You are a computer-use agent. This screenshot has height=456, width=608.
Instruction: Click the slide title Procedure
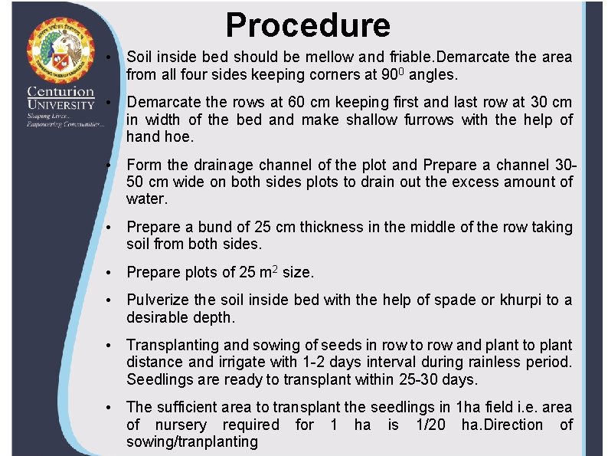pyautogui.click(x=308, y=25)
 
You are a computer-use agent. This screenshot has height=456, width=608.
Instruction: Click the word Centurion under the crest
pyautogui.click(x=60, y=91)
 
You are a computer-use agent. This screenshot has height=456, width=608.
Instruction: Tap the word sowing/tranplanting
pyautogui.click(x=192, y=441)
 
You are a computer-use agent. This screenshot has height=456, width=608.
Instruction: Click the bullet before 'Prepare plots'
pyautogui.click(x=111, y=273)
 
